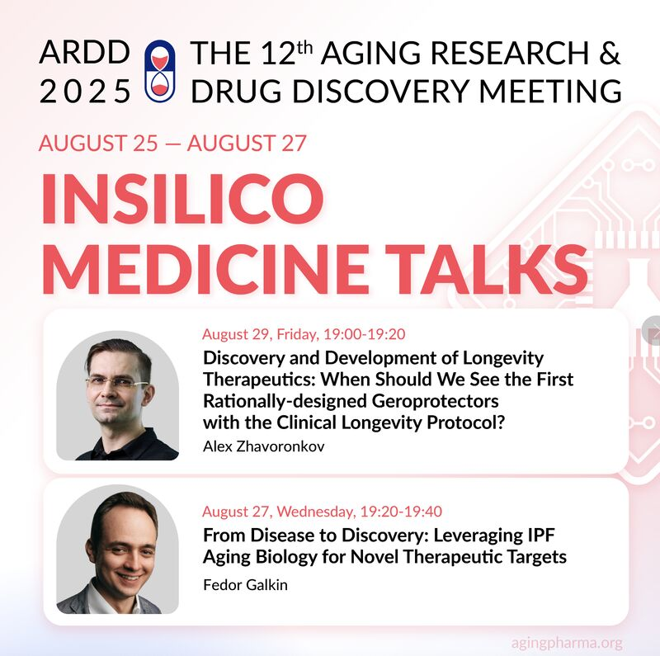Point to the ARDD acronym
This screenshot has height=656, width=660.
click(84, 54)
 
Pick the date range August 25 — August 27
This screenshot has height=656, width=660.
click(172, 143)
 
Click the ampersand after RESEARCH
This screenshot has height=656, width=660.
click(608, 54)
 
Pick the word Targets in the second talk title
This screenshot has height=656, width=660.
click(535, 557)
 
